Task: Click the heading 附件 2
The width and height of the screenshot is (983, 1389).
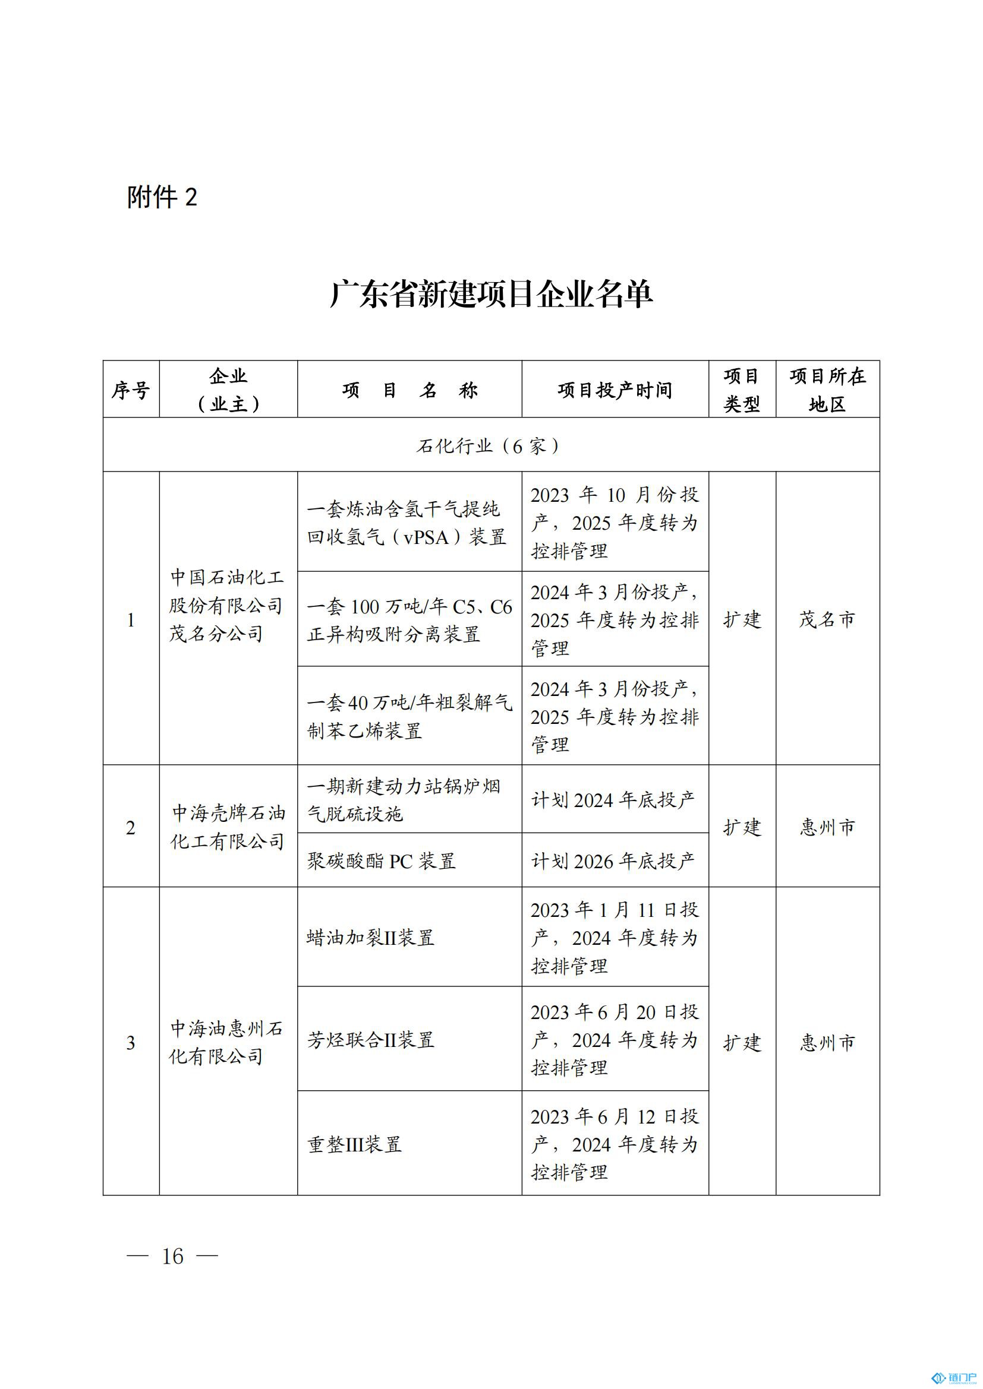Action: [162, 197]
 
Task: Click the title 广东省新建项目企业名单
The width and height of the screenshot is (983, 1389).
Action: [491, 295]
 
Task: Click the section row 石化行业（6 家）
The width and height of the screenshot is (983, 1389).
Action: [491, 446]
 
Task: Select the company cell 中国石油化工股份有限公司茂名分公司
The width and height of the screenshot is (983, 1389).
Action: [227, 605]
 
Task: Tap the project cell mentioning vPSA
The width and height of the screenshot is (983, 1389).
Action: [408, 523]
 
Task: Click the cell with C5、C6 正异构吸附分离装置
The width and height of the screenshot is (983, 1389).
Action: [408, 620]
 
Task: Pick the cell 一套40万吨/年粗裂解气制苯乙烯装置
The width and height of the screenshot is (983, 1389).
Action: [408, 716]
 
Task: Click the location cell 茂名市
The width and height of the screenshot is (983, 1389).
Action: [827, 619]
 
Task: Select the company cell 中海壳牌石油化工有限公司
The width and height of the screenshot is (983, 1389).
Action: [227, 827]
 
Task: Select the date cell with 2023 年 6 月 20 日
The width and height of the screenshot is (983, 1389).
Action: [615, 1040]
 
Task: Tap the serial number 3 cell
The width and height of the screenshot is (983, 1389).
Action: [131, 1042]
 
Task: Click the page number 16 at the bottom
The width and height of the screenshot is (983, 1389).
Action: [172, 1257]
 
